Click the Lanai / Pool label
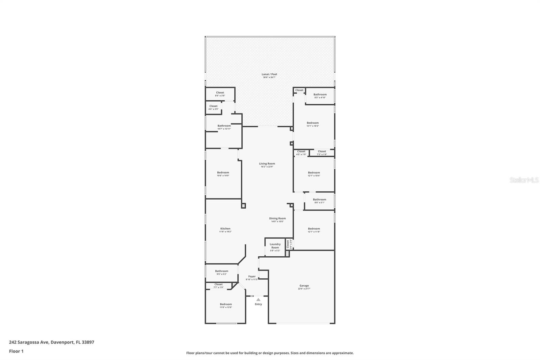coord(269,74)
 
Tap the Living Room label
coord(267,164)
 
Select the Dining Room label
coord(277,218)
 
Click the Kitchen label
coord(225,229)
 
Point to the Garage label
coord(304,286)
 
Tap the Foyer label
coord(252,277)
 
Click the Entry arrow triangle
coord(258,300)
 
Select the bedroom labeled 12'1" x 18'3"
coord(313,123)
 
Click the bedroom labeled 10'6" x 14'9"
coord(223,173)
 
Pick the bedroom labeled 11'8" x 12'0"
coord(226,304)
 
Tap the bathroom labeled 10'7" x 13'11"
coord(224,126)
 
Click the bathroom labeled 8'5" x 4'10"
coord(320,95)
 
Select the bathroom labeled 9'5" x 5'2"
coord(222,271)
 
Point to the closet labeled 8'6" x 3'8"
coord(220,93)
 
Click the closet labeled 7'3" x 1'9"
coord(322,152)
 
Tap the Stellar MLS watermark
coord(524,180)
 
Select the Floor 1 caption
coord(16,351)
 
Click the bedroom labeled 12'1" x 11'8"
coord(314,229)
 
